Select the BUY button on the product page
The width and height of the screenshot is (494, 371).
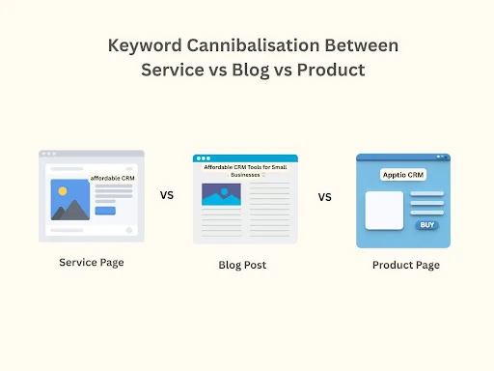(x=425, y=224)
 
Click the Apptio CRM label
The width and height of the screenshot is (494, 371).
(x=402, y=175)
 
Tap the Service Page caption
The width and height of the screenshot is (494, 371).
(x=92, y=262)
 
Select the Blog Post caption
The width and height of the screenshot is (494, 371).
(x=242, y=265)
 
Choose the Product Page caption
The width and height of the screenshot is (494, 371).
(x=405, y=265)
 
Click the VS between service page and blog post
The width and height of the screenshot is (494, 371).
(x=167, y=194)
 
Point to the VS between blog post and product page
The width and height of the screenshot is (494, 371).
(x=325, y=197)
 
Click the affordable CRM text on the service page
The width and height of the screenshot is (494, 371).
(x=114, y=179)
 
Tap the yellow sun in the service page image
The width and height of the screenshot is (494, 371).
(x=63, y=190)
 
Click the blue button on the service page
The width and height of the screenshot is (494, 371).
(x=105, y=211)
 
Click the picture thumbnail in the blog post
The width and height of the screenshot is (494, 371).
(x=221, y=194)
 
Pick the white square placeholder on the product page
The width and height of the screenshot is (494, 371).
(x=383, y=211)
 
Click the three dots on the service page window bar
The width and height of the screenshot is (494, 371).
(x=47, y=154)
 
